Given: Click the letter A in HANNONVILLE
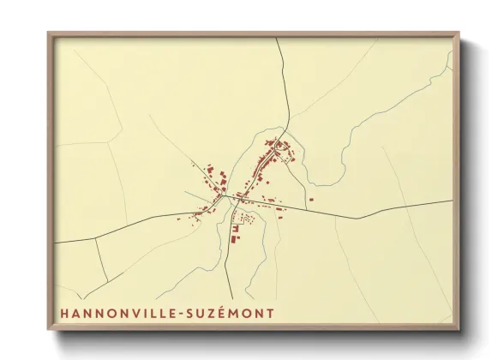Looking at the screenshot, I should [77, 314].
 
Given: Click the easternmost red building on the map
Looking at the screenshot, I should [310, 200].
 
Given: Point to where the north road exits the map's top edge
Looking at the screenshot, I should [278, 39].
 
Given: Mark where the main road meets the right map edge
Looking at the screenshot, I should [452, 201].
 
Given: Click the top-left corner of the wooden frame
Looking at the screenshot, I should [47, 33].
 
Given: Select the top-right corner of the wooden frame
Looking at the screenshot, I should [460, 33].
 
